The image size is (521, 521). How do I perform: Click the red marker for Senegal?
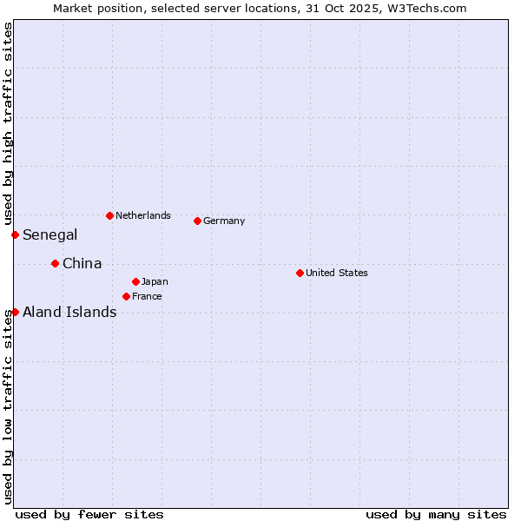coord(15,234)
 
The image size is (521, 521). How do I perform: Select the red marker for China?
coord(55,263)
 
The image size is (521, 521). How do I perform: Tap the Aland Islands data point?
coord(15,312)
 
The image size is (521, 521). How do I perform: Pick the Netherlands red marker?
coord(109,215)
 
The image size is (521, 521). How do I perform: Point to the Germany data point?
coord(197,221)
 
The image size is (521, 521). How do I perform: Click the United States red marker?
coord(300,273)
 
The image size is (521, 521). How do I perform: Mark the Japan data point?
coord(135,281)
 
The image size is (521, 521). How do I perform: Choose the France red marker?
coord(126,296)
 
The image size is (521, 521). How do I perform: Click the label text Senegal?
coord(49,234)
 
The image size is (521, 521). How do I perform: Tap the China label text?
coord(82,263)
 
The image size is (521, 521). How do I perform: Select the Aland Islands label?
coord(69,312)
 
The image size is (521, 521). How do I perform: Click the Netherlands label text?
coord(142,215)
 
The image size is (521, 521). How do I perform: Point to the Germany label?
coord(224,221)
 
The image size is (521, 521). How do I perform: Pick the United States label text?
coord(336,273)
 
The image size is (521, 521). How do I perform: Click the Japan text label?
coord(155,281)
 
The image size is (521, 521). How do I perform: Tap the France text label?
coord(147,296)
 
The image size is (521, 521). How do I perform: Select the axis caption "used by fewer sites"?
coord(89,514)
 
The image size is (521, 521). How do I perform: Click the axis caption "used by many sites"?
coord(436,514)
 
